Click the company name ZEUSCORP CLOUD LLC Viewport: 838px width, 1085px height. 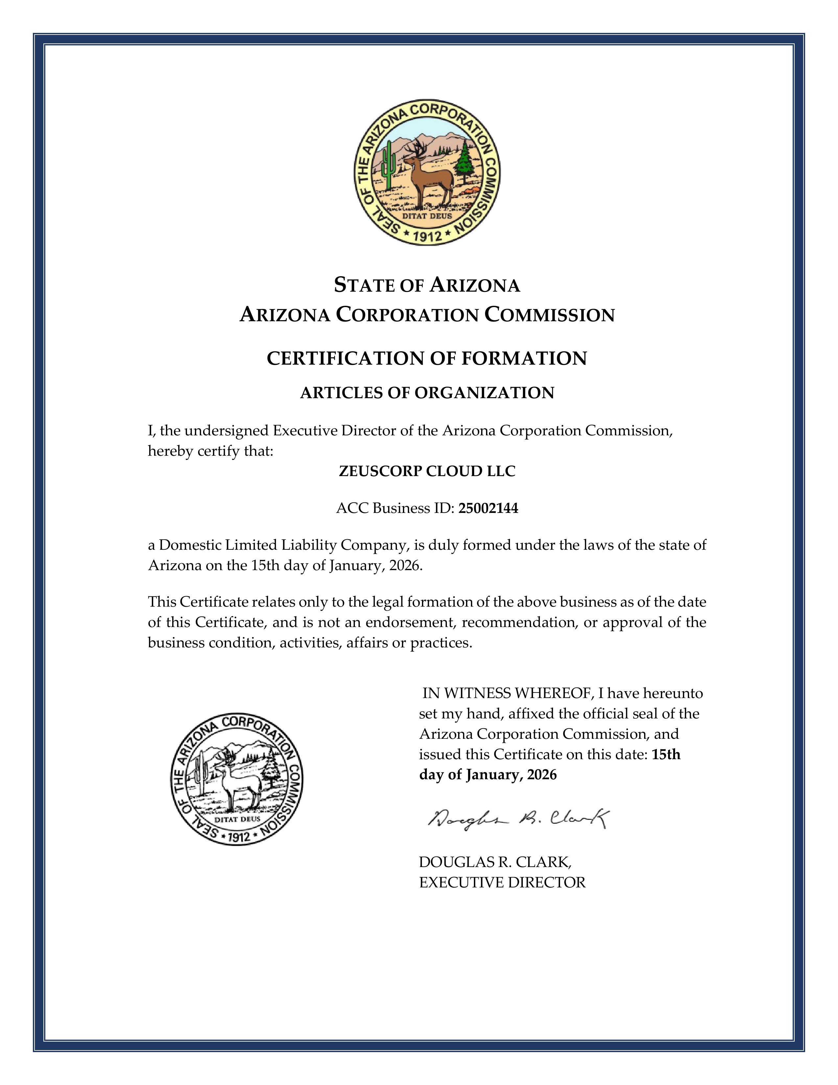tap(427, 471)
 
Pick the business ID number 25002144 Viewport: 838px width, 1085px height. tap(488, 508)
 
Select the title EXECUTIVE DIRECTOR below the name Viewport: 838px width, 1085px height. tap(502, 883)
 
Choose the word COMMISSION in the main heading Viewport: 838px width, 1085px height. tap(549, 315)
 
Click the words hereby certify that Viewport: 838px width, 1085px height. tap(211, 451)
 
